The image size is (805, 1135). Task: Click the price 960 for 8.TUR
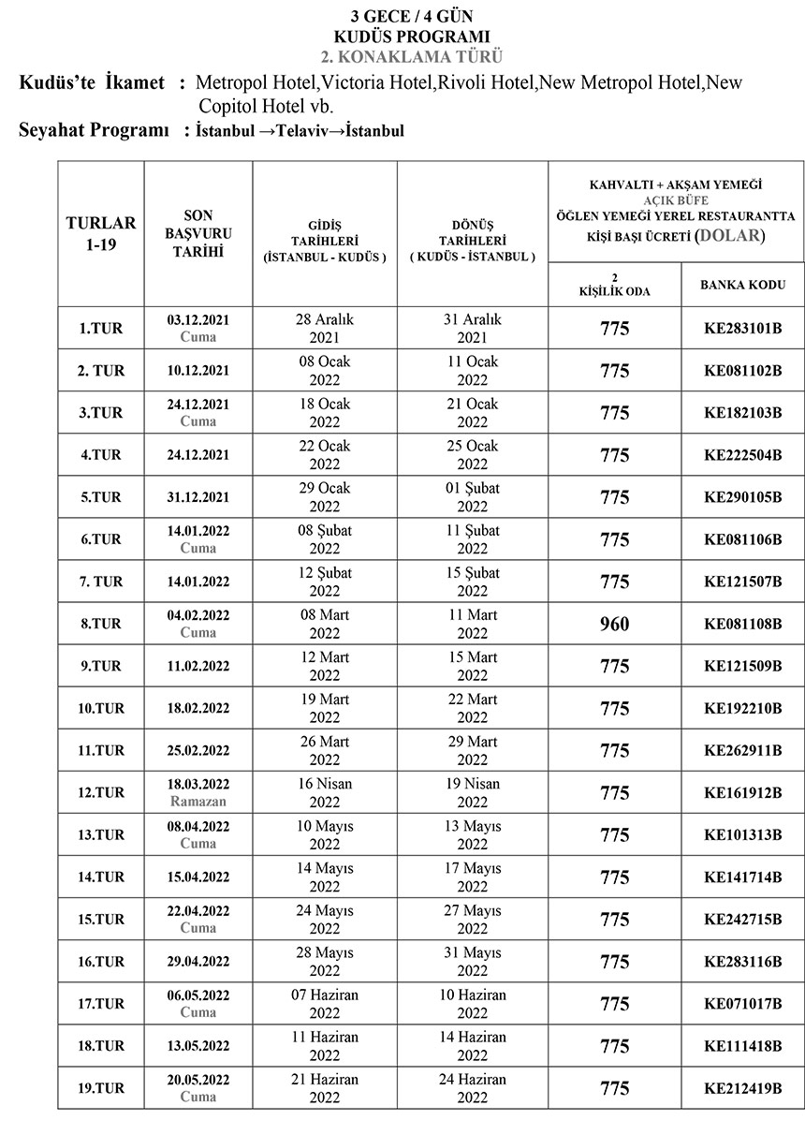(614, 625)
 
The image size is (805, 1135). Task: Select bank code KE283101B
(742, 329)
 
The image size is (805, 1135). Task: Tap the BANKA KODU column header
(742, 285)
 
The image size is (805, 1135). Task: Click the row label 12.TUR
(101, 793)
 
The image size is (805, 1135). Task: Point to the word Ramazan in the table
(198, 802)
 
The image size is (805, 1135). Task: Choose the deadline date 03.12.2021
(198, 319)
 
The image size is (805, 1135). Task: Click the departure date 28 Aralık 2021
(325, 328)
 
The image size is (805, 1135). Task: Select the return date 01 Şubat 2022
(473, 497)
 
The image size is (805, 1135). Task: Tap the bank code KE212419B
(742, 1089)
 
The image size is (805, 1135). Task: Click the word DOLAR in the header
(731, 235)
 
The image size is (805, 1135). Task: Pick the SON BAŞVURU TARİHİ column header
(198, 232)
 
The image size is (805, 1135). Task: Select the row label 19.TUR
(101, 1089)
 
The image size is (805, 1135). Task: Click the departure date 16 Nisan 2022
(325, 792)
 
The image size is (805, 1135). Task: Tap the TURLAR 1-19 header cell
(101, 232)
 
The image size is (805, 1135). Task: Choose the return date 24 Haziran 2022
(473, 1088)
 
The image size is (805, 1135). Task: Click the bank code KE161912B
(742, 793)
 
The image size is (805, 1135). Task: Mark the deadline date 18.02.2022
(198, 709)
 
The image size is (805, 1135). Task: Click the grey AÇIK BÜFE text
(676, 199)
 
